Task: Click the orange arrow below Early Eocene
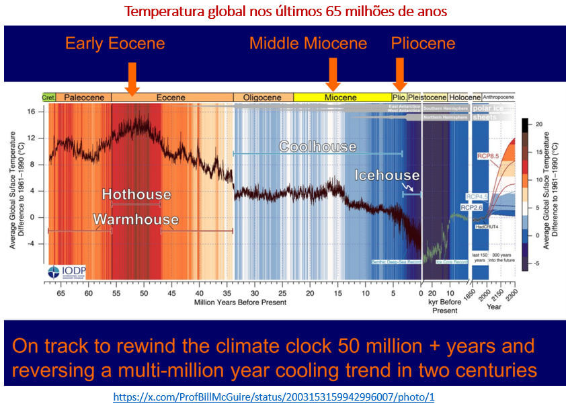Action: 132,77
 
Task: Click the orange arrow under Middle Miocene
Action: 332,74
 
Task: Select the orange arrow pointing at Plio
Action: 400,74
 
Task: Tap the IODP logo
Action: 66,273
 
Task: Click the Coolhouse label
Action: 317,146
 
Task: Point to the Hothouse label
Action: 136,194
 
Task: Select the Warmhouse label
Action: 136,219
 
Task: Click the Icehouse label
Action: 387,175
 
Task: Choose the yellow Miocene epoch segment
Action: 342,97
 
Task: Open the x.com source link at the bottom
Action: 283,397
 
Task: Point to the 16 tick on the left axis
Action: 31,112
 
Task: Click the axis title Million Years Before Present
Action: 240,302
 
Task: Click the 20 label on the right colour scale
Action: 537,125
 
